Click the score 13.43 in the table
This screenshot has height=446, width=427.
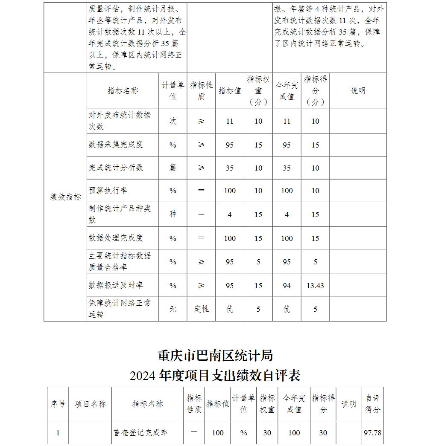coord(315,286)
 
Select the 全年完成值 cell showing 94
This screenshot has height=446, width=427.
coord(287,286)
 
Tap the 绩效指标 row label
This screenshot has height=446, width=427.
coord(65,197)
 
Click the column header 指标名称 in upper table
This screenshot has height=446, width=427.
coord(123,91)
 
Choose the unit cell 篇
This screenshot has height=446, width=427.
coord(173,168)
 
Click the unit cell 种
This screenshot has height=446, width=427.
coord(173,214)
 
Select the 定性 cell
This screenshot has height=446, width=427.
coord(201,309)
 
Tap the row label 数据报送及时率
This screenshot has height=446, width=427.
coord(116,285)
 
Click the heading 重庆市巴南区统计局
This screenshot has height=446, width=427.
coord(215,355)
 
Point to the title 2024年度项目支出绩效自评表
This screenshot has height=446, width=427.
coord(215,375)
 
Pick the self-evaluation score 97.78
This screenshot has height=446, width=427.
coord(372,433)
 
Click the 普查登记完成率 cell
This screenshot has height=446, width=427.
coord(140,433)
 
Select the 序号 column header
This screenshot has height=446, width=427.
coord(58,404)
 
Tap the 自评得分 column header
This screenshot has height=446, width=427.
coord(372,404)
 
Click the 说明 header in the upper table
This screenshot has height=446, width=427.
coord(358,91)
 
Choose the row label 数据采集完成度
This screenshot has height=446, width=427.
coord(116,145)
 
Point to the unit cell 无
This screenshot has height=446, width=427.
coord(173,309)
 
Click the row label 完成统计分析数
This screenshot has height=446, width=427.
coord(116,168)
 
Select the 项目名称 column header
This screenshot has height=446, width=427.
coord(90,404)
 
